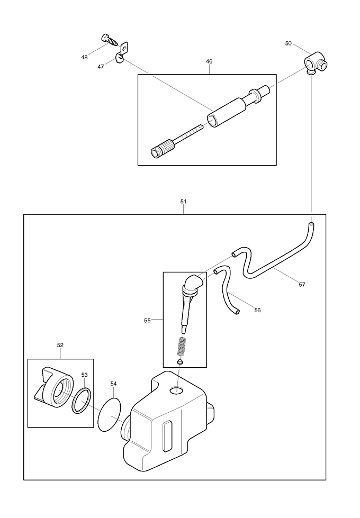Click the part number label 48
coord(85,57)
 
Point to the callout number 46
coord(209,62)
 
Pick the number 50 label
coord(288,43)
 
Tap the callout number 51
coord(183,202)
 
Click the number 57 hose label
coord(302,285)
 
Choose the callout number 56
coord(257,311)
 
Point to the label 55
coord(148,320)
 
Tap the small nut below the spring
coord(181,362)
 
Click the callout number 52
coord(60,345)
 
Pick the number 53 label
coord(84,375)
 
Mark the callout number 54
coord(113,384)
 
